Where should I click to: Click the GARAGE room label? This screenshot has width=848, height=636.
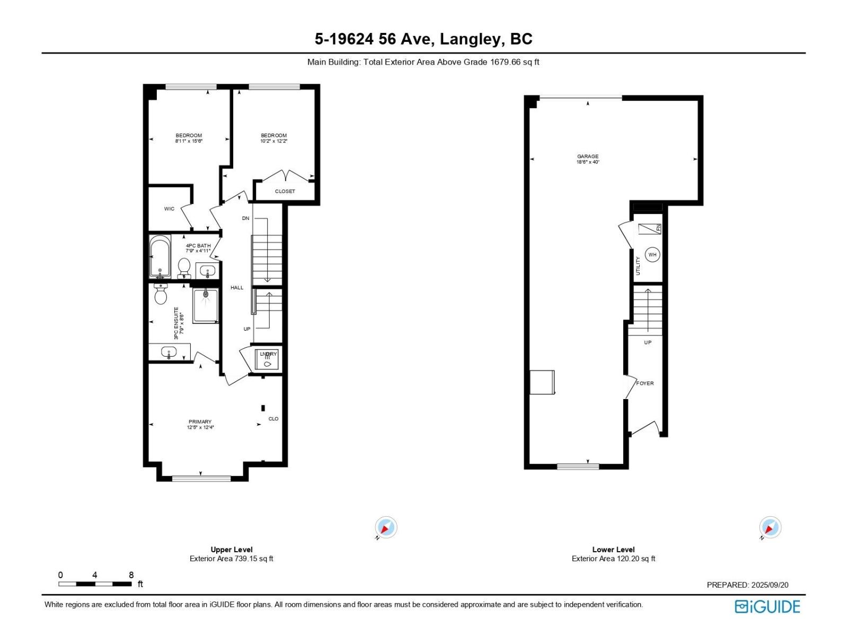588,156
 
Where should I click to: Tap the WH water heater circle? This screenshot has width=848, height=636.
652,254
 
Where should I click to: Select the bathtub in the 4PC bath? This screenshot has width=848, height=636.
160,257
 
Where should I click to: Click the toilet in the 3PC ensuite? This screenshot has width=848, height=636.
161,295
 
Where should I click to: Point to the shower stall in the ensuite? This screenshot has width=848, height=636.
206,306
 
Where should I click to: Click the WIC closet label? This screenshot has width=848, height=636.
169,209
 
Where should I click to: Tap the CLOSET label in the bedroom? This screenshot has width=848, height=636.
285,191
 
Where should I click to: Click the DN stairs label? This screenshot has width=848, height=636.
245,218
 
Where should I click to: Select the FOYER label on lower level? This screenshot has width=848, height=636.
645,383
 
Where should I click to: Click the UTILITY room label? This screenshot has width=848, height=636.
638,266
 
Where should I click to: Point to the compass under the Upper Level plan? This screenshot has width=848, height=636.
386,528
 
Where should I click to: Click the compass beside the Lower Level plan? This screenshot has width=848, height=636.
770,528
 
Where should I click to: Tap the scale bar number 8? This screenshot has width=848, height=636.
131,575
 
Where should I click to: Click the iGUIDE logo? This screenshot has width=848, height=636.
767,606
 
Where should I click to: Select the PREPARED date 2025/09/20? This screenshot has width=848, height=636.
770,585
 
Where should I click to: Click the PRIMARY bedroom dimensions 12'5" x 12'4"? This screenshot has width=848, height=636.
200,428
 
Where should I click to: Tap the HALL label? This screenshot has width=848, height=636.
237,288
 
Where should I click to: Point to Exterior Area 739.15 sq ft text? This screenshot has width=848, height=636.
232,559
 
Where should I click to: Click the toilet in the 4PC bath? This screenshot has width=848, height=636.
184,266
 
